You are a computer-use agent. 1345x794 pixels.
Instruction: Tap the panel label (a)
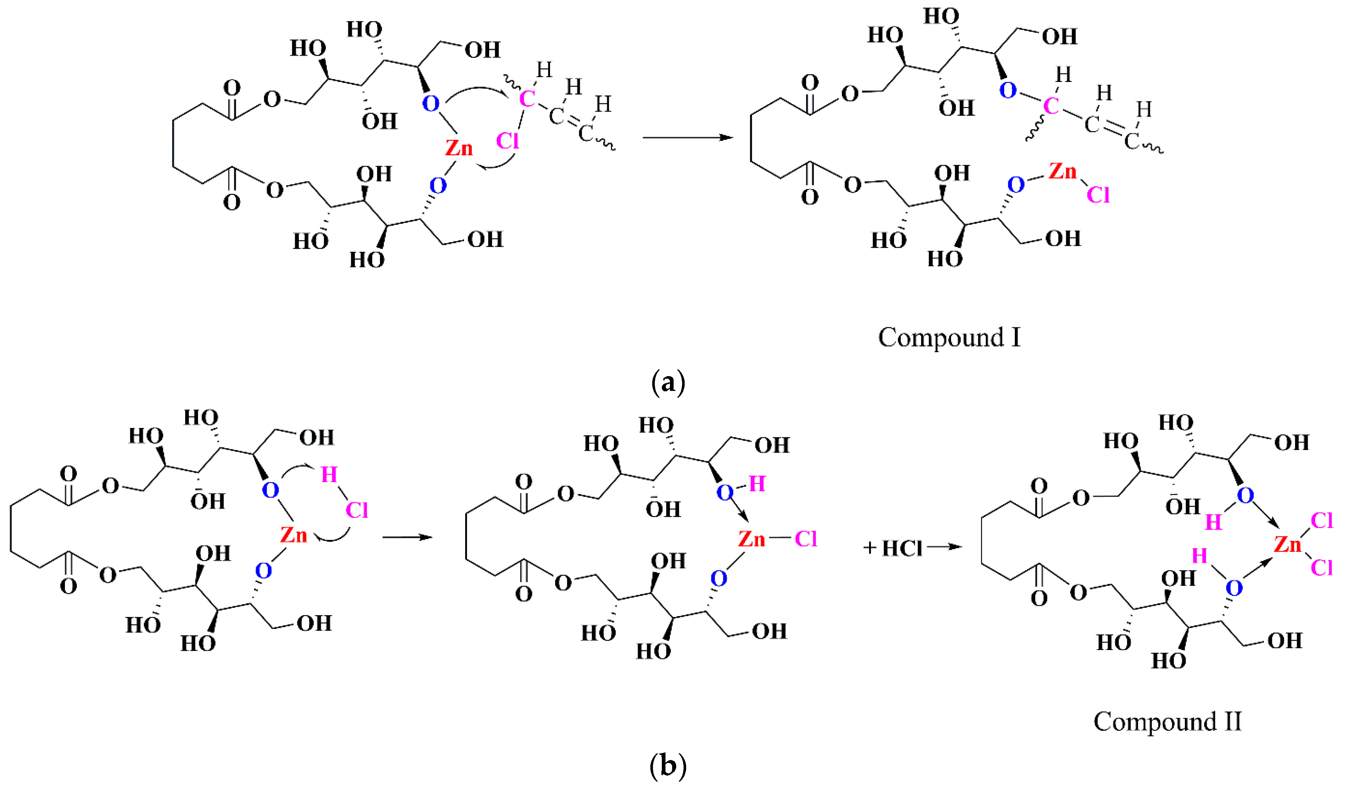(x=668, y=383)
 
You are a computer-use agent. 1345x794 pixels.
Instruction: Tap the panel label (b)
(x=668, y=767)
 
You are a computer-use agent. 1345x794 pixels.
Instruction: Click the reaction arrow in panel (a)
(x=687, y=138)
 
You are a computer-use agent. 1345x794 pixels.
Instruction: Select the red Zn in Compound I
(x=1062, y=171)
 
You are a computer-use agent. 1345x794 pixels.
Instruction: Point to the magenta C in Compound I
(x=1051, y=106)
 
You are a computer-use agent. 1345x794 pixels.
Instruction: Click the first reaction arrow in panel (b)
(x=407, y=537)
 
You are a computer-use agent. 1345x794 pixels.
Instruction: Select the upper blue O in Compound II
(x=1245, y=495)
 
